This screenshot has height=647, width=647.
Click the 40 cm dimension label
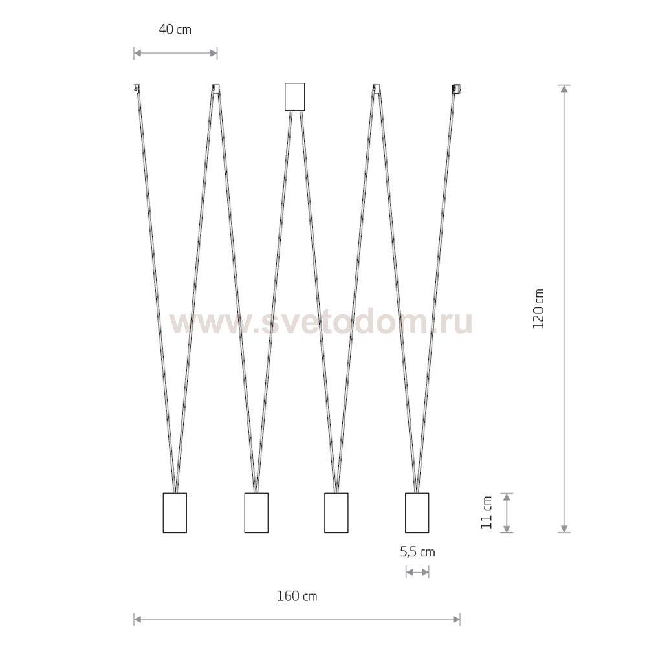(x=175, y=29)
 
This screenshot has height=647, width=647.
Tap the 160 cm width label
(x=297, y=597)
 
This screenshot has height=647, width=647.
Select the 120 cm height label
(x=538, y=309)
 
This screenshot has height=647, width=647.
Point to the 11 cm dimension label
(x=487, y=512)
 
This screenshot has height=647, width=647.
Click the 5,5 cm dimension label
(x=417, y=552)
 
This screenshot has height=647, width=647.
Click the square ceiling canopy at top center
(x=294, y=96)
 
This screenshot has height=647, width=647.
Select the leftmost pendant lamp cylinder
(x=175, y=513)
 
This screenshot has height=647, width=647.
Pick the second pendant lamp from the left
(x=256, y=513)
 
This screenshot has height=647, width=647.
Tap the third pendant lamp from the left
(x=336, y=513)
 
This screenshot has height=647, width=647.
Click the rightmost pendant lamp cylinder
(x=417, y=513)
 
